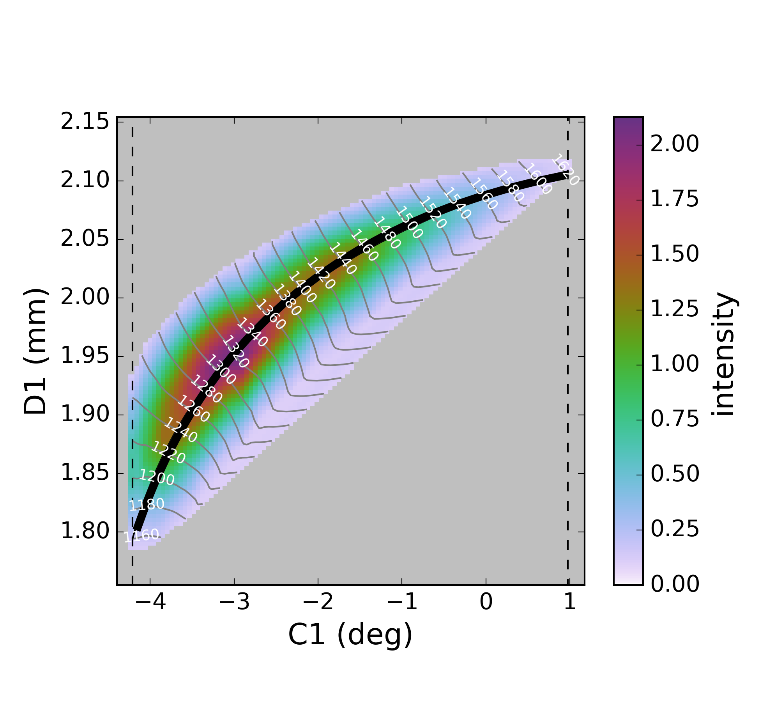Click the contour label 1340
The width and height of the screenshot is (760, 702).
(x=252, y=332)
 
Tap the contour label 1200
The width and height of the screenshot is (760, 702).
(x=157, y=477)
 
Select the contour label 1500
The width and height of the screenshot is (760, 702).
(x=409, y=222)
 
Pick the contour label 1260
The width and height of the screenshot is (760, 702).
(x=194, y=409)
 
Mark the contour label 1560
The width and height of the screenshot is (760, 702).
(x=484, y=194)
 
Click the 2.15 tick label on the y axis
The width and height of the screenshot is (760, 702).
(x=85, y=122)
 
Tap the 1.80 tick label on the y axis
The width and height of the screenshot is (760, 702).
(x=85, y=532)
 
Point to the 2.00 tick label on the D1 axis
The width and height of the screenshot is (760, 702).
(x=85, y=298)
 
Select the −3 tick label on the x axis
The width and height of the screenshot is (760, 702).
(x=234, y=602)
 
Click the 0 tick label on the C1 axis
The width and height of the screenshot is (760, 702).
(x=486, y=602)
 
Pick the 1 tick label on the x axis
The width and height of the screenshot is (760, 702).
(x=569, y=602)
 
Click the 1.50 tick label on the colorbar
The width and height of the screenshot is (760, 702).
(x=675, y=255)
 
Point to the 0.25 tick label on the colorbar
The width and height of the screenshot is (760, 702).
(x=675, y=530)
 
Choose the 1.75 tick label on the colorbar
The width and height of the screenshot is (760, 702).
(x=675, y=200)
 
